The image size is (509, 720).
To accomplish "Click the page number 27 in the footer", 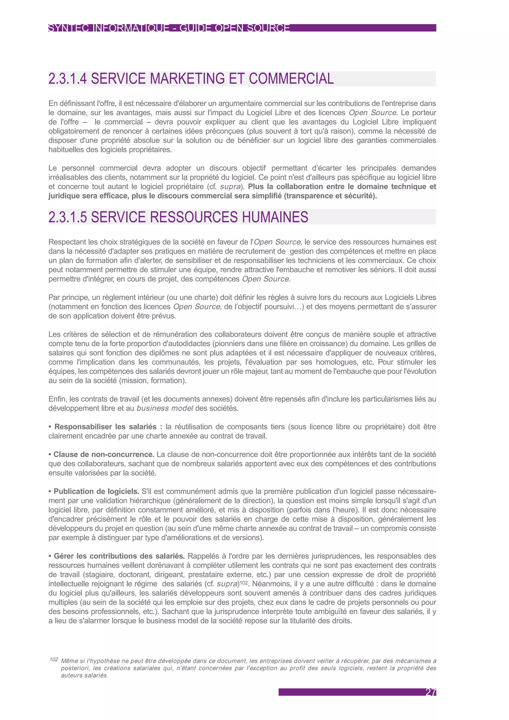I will (x=431, y=692).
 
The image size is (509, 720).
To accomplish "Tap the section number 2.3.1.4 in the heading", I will (x=67, y=79).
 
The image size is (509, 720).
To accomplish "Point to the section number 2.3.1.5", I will (x=67, y=217).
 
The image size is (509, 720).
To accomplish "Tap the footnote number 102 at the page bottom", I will (x=54, y=660).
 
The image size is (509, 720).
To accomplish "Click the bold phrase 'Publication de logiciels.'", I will (x=96, y=491).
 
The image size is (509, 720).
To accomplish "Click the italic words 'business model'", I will (x=165, y=408).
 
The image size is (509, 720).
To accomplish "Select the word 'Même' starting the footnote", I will (x=69, y=661).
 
